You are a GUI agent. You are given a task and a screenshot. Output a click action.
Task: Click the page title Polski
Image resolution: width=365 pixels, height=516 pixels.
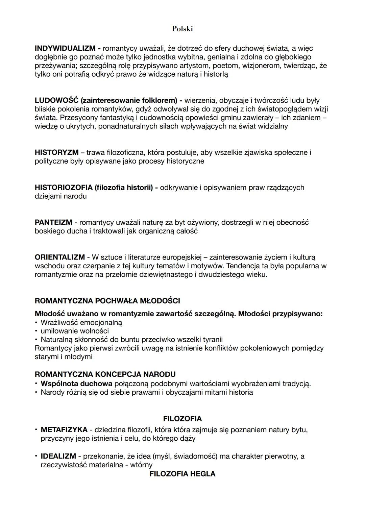point(182,29)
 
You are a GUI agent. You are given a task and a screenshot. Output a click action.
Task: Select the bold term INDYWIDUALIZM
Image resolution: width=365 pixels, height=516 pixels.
point(65,48)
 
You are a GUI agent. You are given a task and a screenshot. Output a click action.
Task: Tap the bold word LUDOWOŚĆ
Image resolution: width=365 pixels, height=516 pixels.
point(56,100)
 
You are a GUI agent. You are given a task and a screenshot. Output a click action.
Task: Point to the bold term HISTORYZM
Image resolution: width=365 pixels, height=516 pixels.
point(56,152)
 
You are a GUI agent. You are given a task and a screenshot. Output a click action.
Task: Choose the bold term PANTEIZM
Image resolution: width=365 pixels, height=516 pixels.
point(53,222)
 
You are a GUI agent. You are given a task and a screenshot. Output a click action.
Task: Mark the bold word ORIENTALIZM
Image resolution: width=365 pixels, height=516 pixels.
point(59,257)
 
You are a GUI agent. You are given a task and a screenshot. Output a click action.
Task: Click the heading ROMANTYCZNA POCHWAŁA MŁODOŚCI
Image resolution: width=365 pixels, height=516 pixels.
point(107,301)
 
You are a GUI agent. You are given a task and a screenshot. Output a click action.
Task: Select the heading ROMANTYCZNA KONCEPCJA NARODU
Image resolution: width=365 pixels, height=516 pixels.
point(105,374)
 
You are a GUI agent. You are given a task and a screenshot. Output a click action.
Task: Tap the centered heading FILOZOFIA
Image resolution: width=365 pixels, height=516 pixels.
point(182,419)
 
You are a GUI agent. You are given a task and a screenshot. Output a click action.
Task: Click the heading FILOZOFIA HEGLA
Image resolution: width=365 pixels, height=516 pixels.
point(182,474)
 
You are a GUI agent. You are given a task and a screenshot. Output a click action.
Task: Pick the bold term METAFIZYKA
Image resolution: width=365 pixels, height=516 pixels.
point(64,430)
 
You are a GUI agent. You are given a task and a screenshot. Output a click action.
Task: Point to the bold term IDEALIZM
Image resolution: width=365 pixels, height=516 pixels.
point(58,456)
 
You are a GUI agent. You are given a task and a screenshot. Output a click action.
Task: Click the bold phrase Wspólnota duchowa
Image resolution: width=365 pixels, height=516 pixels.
point(76,384)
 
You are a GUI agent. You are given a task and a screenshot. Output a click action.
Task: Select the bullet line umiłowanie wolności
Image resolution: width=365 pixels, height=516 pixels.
point(75,331)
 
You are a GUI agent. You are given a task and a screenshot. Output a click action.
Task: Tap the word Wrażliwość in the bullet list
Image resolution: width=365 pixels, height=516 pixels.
point(59,322)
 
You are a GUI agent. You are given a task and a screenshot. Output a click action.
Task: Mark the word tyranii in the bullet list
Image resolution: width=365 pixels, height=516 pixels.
point(211,339)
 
